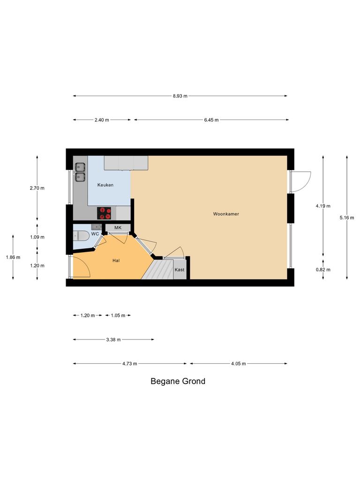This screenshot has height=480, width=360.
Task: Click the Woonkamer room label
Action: point(226,214)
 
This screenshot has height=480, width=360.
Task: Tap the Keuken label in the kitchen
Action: point(105,185)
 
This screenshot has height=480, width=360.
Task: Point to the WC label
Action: point(95,233)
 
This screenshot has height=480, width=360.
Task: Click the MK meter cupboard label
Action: point(118,228)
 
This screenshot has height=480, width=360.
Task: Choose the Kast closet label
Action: point(179,270)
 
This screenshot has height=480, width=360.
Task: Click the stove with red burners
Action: point(105,213)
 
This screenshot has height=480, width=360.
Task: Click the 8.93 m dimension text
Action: point(180,96)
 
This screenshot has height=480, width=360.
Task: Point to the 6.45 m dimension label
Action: point(211,120)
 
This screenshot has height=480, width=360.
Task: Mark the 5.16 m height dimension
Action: point(347,217)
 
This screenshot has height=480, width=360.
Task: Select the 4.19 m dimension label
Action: point(323,206)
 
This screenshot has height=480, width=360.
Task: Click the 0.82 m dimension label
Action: point(323,270)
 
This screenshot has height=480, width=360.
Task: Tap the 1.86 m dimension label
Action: point(13,257)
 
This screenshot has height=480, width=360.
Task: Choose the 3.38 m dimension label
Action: point(113,339)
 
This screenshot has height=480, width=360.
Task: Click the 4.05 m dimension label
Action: point(238,363)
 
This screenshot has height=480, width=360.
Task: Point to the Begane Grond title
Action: point(178,381)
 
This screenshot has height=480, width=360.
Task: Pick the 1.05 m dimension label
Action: point(118,315)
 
